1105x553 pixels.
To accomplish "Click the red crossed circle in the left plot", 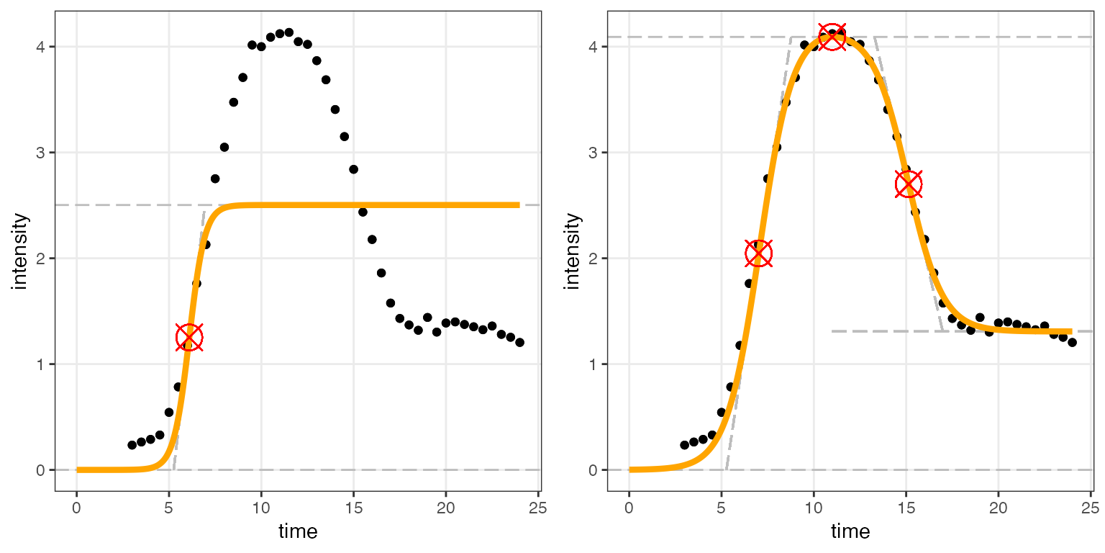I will point(189,337).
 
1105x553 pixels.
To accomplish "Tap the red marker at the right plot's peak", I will point(832,36).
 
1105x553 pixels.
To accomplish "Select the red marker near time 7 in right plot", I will point(758,253).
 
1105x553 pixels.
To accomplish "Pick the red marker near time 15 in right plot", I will point(909,184).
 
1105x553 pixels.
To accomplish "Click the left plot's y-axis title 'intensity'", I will point(21,251).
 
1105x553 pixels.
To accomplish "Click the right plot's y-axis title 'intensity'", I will point(573,251).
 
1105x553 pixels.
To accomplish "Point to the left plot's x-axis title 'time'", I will point(298,532).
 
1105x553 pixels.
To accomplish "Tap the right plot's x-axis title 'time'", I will point(850,532).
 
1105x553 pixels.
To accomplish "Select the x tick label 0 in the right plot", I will point(629,507).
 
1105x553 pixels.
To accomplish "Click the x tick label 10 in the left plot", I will point(261,507).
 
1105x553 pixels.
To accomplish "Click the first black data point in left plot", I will point(132,445).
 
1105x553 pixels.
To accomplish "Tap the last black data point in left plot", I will point(519,343).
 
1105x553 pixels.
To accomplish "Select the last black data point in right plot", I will point(1072,343).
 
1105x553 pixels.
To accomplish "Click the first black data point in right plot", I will point(684,445).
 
